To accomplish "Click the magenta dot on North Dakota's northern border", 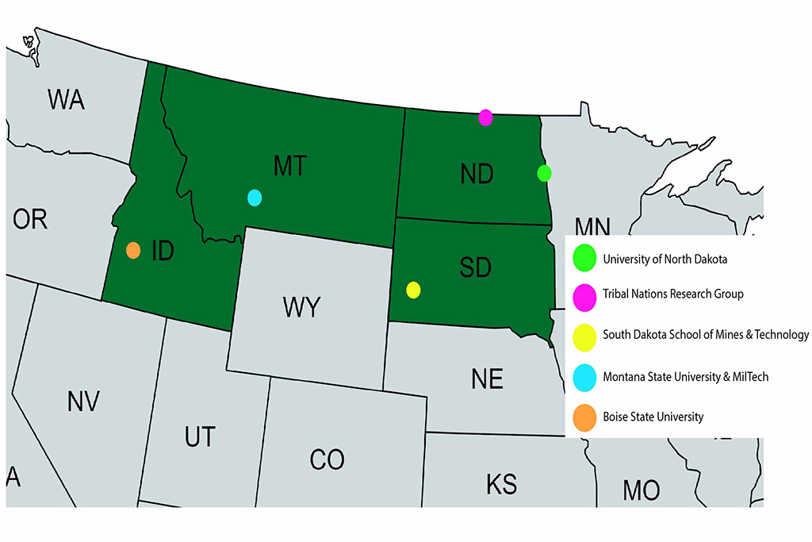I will click(x=486, y=117).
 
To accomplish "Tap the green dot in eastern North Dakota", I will click(x=544, y=172).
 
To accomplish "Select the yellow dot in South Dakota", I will click(x=413, y=290).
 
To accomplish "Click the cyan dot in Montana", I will click(x=255, y=198).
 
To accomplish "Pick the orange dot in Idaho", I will click(x=133, y=250).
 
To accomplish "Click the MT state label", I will click(x=289, y=167).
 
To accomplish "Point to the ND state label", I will click(x=477, y=174).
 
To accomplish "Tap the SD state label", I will click(x=475, y=267).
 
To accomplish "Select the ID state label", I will click(x=163, y=252).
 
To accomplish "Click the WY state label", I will click(x=301, y=307).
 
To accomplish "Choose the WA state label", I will click(x=67, y=100).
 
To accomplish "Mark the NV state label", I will click(x=82, y=402).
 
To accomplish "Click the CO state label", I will click(x=327, y=459).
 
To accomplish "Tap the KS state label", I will click(x=500, y=483).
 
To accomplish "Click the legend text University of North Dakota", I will click(x=665, y=258).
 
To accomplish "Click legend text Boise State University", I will click(x=653, y=417).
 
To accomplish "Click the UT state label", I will click(x=198, y=436).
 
